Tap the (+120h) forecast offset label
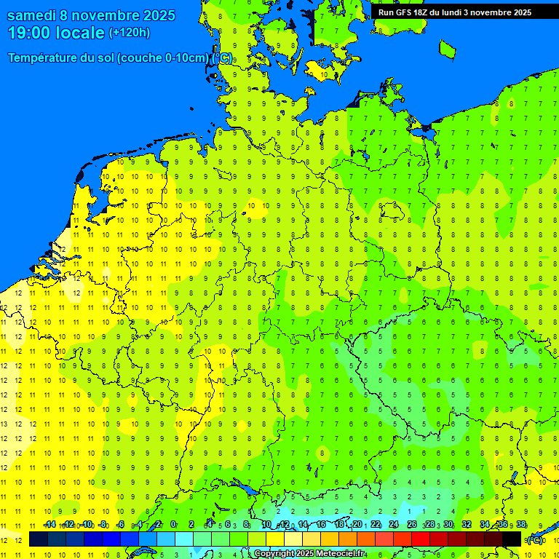(x=129, y=33)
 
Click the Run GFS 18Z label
(x=405, y=12)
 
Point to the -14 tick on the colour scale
(x=49, y=525)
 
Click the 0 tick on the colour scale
(x=173, y=525)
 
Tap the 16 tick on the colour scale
(x=321, y=525)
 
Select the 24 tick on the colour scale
(x=394, y=525)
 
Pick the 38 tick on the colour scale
(x=521, y=525)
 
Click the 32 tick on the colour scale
(x=467, y=525)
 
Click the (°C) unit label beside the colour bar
(x=534, y=539)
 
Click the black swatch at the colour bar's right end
(x=512, y=539)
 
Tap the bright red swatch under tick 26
(x=421, y=539)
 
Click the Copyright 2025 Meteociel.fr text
(x=309, y=554)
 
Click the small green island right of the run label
(x=447, y=48)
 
